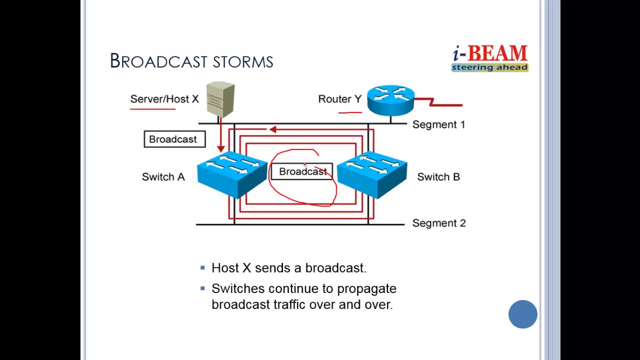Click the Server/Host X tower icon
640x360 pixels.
[220, 99]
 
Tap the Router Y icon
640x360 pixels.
[390, 100]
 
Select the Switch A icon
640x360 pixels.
[232, 175]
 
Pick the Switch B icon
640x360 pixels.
[372, 175]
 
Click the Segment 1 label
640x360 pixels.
[439, 124]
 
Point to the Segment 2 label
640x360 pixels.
[439, 223]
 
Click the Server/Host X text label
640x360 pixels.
[164, 99]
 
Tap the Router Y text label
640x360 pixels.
[339, 99]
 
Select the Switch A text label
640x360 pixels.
[163, 177]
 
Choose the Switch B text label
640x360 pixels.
[438, 177]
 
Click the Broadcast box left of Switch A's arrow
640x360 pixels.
[174, 139]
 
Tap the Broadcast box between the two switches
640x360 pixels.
[301, 171]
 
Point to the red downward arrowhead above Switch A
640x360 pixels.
[220, 148]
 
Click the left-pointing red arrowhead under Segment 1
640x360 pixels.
[272, 129]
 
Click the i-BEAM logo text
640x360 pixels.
[490, 53]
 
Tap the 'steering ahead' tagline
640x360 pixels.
[489, 67]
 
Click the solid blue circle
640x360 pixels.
[523, 314]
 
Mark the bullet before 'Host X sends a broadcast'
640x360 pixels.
[202, 267]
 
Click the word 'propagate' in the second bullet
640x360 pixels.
[367, 289]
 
